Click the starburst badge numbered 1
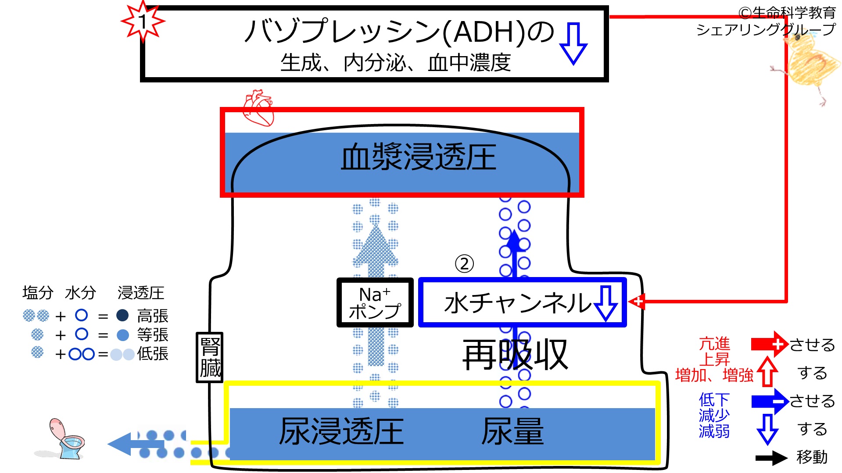click(x=143, y=21)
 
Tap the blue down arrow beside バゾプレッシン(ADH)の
click(x=573, y=44)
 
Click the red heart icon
click(x=258, y=108)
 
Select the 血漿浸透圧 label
click(x=419, y=157)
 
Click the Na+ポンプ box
click(x=375, y=302)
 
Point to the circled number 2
click(x=464, y=264)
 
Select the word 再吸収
click(x=515, y=355)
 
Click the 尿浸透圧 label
click(x=341, y=431)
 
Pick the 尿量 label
click(x=512, y=431)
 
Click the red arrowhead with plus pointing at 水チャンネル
click(x=637, y=302)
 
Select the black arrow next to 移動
click(x=771, y=458)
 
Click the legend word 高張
click(x=153, y=316)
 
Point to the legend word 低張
click(x=153, y=353)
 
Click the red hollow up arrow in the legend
click(x=767, y=371)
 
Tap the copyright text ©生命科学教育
click(x=787, y=13)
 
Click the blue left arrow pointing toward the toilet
click(x=136, y=444)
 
